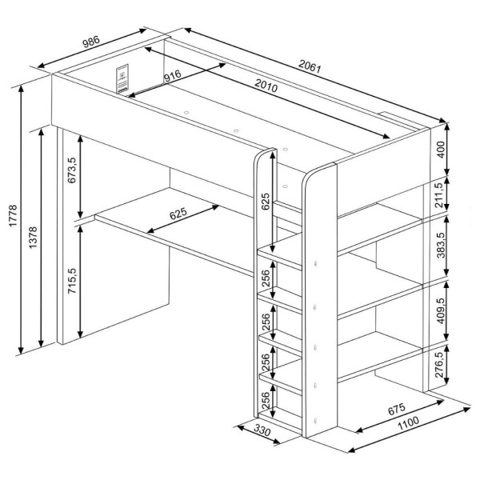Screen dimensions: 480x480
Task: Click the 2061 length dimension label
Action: [x=310, y=66]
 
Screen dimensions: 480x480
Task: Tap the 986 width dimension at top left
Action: [x=91, y=42]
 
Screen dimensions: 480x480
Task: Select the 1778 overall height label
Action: [x=13, y=216]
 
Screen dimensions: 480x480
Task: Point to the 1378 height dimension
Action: [x=33, y=238]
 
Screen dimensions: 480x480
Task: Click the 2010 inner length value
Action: [x=266, y=86]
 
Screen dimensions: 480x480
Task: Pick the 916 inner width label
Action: [x=172, y=76]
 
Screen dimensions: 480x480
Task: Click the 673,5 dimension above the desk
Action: [x=72, y=170]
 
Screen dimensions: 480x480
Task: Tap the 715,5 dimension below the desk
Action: [x=72, y=281]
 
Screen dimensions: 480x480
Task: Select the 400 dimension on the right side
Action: [x=441, y=150]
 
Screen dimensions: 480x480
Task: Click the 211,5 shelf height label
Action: [x=439, y=195]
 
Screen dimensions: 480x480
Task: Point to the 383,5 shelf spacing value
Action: [x=441, y=245]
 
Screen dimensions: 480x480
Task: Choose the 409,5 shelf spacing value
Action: [x=441, y=310]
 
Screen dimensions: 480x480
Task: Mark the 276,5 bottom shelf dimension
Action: [x=439, y=365]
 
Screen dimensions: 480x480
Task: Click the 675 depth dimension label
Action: [x=397, y=409]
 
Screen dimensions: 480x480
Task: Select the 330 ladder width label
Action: [x=262, y=430]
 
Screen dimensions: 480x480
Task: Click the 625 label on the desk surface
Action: [x=178, y=214]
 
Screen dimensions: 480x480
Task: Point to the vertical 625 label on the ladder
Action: [x=266, y=201]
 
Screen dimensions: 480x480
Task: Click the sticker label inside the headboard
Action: [x=122, y=78]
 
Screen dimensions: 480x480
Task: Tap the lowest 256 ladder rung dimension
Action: [x=265, y=400]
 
